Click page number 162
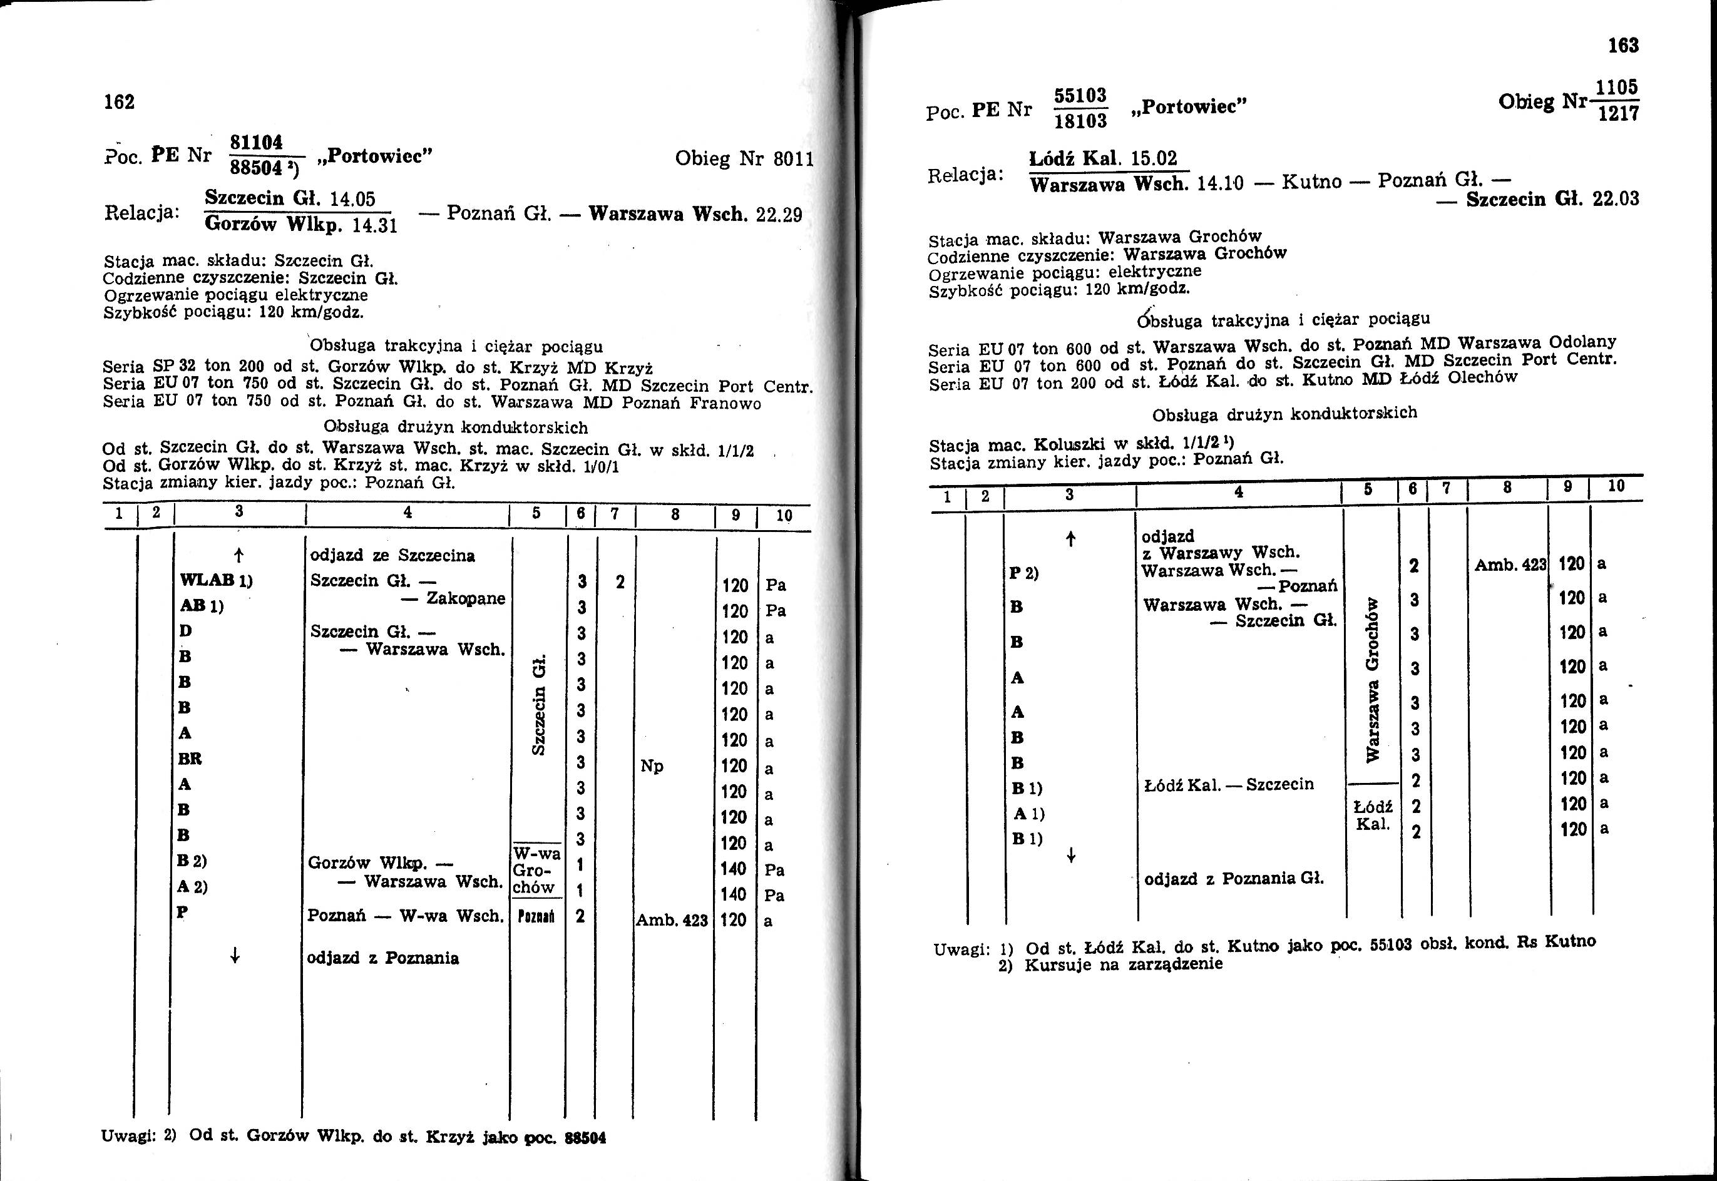[119, 101]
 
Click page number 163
[1623, 46]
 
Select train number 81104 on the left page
[257, 142]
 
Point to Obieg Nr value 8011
[793, 159]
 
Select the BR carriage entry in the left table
[190, 759]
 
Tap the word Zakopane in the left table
[466, 598]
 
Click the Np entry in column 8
[651, 766]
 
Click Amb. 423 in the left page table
[671, 921]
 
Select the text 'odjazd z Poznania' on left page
[382, 958]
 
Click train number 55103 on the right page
[1080, 96]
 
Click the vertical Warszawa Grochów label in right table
[1373, 678]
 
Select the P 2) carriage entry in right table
[1023, 573]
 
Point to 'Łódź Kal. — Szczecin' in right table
[1229, 784]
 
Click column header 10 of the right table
[1616, 486]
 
